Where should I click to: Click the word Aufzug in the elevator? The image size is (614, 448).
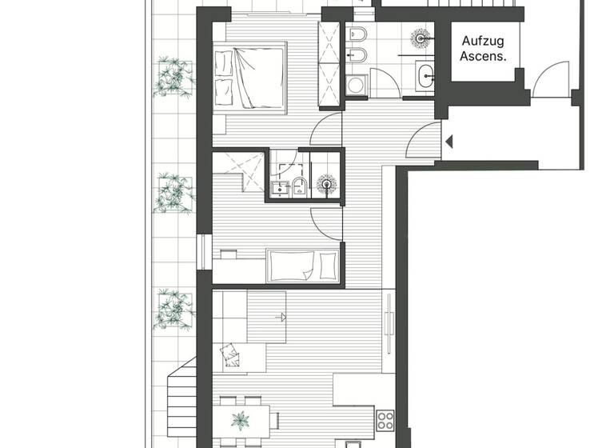pos(484,39)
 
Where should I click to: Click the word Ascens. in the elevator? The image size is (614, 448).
pos(484,58)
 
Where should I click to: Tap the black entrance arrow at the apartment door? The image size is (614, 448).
pos(449,142)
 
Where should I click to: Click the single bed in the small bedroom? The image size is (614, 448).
pos(303,265)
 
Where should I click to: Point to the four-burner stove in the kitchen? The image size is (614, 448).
pos(385,420)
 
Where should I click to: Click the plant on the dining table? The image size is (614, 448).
pos(241,419)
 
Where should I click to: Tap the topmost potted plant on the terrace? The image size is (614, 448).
pos(173,76)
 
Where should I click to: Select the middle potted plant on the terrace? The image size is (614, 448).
pos(173,192)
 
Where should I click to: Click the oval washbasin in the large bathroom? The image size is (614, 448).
pos(424,76)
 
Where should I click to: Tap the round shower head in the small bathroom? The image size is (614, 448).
pos(326,185)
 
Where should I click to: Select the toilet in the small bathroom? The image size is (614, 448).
pos(298,187)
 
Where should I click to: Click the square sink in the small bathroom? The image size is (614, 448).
pos(279,188)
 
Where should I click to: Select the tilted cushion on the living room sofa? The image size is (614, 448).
pos(231,353)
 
